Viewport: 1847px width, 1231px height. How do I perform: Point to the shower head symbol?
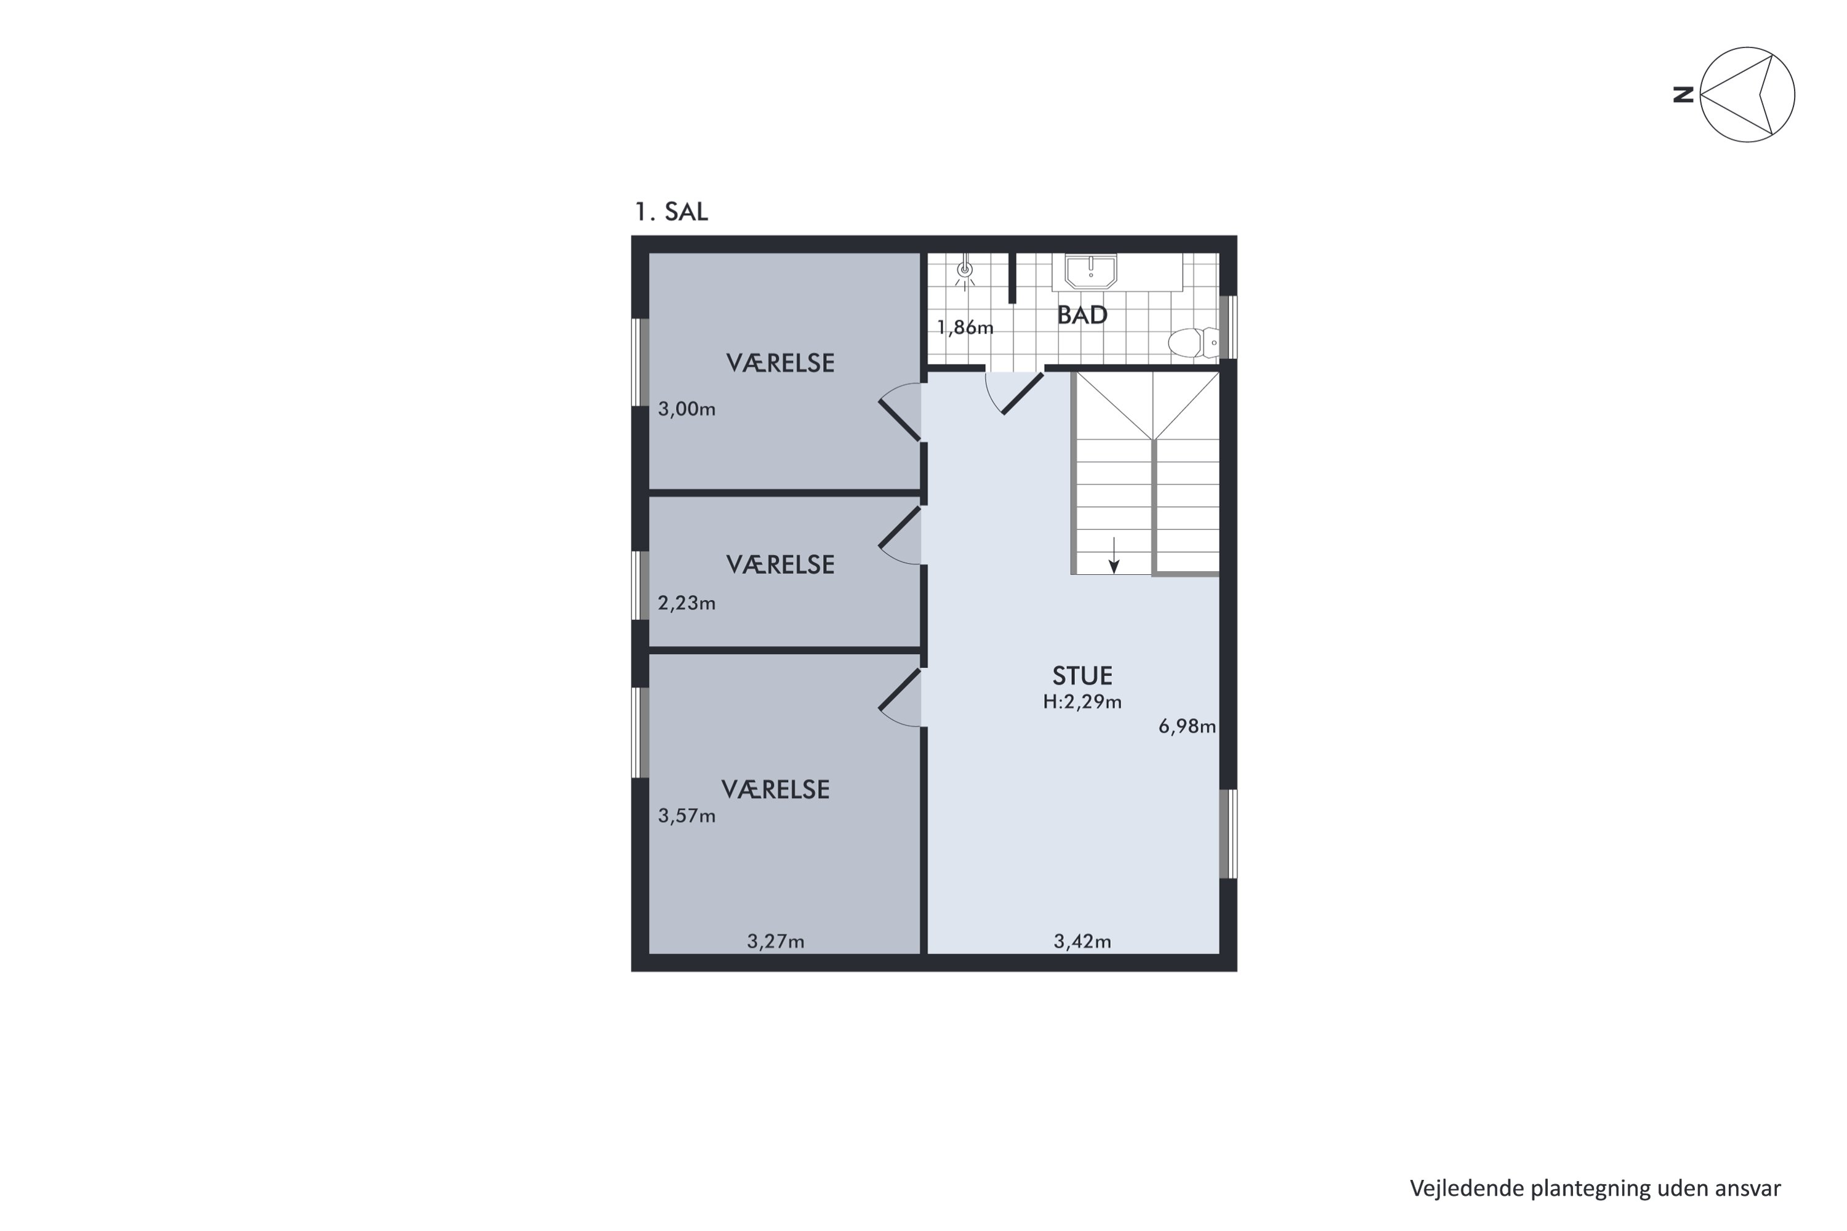(965, 271)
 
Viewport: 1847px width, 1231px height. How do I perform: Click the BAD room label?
(1082, 315)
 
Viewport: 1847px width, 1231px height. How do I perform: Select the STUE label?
(1082, 676)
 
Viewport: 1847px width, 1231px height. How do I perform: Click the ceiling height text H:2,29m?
(1082, 702)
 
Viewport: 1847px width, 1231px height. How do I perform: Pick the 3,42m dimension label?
(1082, 941)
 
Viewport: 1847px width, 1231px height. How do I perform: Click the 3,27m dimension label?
(775, 941)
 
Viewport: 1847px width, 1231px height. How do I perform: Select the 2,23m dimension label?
(686, 603)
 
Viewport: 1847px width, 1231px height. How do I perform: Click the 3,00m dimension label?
(686, 409)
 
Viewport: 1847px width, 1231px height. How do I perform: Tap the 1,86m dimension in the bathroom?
(965, 327)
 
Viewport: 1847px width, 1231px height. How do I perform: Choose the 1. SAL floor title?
(672, 212)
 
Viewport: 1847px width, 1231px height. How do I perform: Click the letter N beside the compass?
(1683, 95)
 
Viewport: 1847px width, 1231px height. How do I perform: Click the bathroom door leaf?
(1023, 393)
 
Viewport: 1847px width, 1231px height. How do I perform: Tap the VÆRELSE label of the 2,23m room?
(780, 564)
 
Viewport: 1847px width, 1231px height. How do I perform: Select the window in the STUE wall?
(1228, 834)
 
